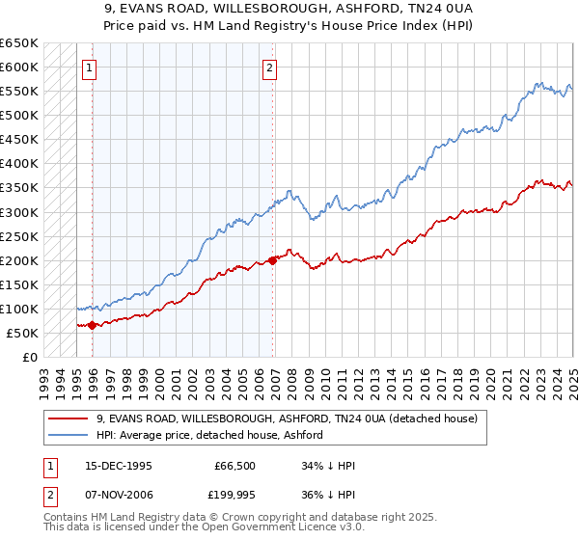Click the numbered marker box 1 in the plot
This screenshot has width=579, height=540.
(88, 67)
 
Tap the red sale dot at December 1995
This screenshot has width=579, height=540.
(92, 325)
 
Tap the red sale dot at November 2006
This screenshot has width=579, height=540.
(273, 259)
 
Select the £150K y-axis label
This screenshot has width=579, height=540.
(21, 284)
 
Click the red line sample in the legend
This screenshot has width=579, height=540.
(68, 419)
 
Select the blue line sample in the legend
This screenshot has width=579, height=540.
(68, 436)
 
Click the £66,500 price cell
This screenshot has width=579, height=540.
(234, 466)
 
